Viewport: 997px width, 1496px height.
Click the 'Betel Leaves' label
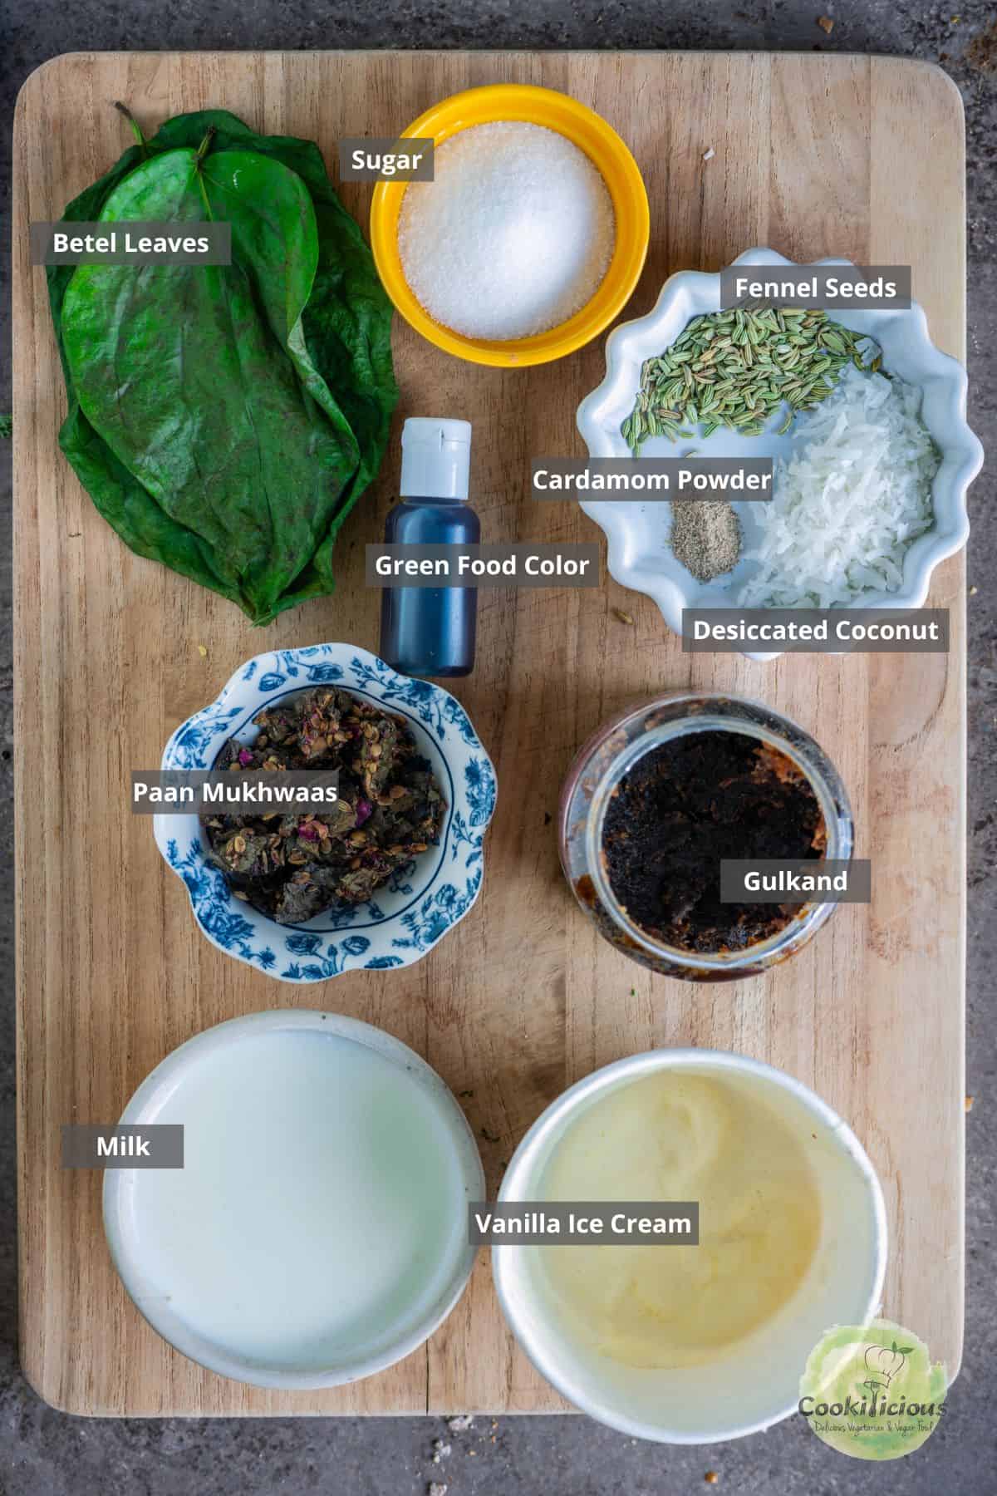tap(130, 243)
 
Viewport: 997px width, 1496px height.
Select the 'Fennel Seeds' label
tap(815, 288)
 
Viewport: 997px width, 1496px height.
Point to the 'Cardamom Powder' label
tap(651, 480)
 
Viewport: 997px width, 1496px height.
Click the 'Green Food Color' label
tap(482, 565)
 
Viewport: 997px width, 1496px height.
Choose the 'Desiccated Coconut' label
tap(816, 630)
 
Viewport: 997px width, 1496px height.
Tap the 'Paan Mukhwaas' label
tap(235, 791)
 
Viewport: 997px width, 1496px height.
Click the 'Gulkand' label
tap(795, 881)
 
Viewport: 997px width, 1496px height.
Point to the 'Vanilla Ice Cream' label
tap(583, 1223)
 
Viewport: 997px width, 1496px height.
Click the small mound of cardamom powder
tap(705, 540)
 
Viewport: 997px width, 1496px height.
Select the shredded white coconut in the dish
tap(839, 490)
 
